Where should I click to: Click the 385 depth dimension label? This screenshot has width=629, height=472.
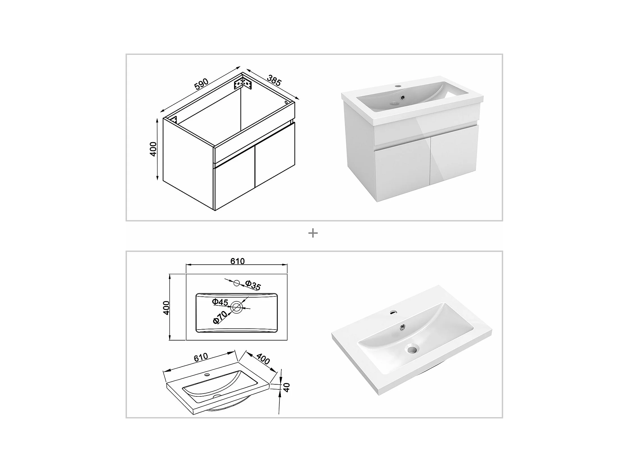(x=274, y=80)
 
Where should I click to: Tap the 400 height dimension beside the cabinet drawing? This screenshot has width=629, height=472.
(x=153, y=149)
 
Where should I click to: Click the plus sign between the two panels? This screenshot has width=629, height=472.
(x=313, y=233)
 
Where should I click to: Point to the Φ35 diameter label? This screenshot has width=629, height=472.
(x=253, y=285)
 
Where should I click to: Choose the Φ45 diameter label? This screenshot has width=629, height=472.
(x=220, y=302)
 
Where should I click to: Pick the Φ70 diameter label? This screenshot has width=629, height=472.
(x=220, y=317)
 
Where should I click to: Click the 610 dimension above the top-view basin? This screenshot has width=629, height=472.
(x=238, y=261)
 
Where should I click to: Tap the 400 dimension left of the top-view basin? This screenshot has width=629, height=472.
(x=166, y=308)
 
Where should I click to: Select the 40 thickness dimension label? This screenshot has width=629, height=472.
(x=287, y=387)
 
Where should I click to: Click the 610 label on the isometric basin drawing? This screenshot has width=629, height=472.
(x=201, y=357)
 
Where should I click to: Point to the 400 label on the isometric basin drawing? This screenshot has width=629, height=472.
(x=263, y=359)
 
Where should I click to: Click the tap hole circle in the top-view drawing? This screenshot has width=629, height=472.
(x=237, y=283)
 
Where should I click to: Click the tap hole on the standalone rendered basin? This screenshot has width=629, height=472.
(x=394, y=312)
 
